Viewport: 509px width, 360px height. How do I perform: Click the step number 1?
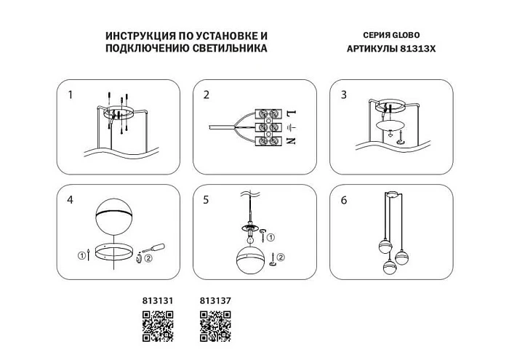pyautogui.click(x=71, y=95)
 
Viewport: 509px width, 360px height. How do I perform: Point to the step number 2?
pyautogui.click(x=207, y=95)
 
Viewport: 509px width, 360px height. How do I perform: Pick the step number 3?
pyautogui.click(x=344, y=95)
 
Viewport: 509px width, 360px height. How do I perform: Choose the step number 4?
pyautogui.click(x=71, y=199)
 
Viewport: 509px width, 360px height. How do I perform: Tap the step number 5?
pyautogui.click(x=207, y=199)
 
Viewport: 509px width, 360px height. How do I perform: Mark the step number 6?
pyautogui.click(x=344, y=199)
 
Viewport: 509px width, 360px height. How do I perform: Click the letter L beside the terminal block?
pyautogui.click(x=289, y=114)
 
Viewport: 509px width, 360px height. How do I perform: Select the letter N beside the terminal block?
pyautogui.click(x=289, y=140)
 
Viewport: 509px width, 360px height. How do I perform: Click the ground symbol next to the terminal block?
pyautogui.click(x=289, y=127)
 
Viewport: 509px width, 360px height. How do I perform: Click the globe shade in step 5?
pyautogui.click(x=252, y=259)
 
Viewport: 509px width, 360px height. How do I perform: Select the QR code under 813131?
pyautogui.click(x=157, y=325)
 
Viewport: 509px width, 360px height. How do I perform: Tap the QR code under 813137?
pyautogui.click(x=215, y=325)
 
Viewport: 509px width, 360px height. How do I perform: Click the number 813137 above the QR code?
pyautogui.click(x=215, y=299)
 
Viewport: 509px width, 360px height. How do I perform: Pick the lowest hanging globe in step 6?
pyautogui.click(x=389, y=266)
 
